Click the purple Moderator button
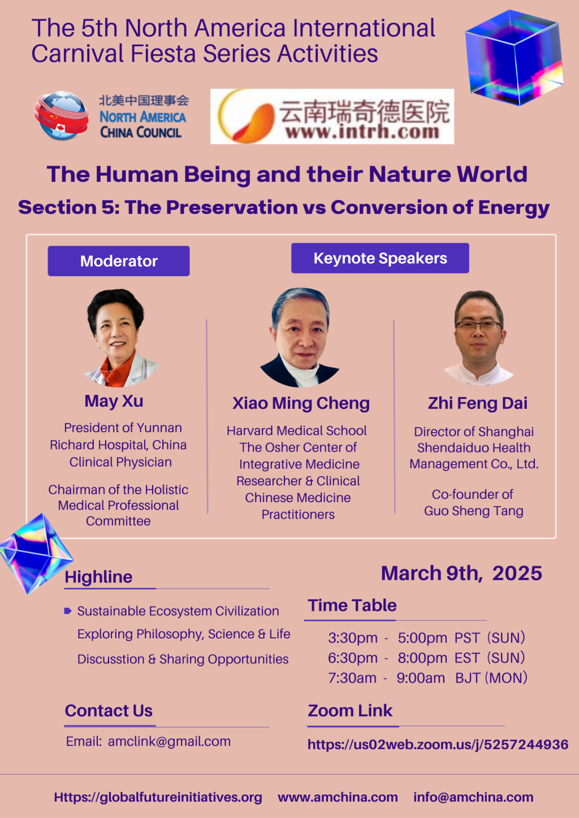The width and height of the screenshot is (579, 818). (119, 261)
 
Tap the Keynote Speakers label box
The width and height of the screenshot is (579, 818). (380, 258)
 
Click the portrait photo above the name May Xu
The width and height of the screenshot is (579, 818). (119, 338)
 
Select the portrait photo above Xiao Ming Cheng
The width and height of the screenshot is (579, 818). (300, 338)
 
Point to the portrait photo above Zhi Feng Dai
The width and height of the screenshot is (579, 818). (479, 338)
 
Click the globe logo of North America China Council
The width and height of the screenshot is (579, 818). (62, 116)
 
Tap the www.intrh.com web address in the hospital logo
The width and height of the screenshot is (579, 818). (362, 132)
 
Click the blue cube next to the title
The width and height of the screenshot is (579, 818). (513, 58)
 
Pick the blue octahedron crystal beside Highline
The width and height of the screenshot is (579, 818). (35, 554)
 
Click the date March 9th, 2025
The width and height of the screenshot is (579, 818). (461, 573)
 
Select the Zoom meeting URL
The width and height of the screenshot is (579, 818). (438, 745)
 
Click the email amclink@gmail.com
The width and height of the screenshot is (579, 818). (169, 741)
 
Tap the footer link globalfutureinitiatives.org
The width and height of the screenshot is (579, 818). (158, 797)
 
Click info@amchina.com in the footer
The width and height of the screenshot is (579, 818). (473, 797)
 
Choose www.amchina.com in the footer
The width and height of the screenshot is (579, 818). (338, 797)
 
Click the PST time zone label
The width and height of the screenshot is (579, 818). (467, 638)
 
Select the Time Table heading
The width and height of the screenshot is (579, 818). (352, 605)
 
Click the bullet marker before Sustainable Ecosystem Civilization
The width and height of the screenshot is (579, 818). (68, 611)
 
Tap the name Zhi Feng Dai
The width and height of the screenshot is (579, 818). (478, 403)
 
